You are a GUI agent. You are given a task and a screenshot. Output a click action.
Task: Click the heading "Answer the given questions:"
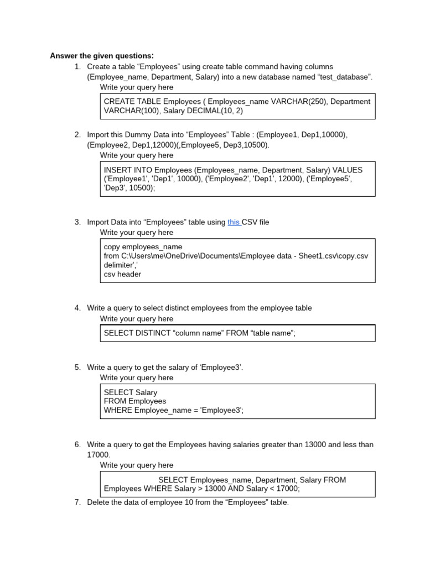[x=102, y=55]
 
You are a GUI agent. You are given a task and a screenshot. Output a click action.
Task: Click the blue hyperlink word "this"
[x=234, y=222]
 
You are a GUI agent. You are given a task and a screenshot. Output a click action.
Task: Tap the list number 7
[x=77, y=502]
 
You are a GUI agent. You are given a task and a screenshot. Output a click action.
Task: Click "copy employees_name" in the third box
[x=143, y=247]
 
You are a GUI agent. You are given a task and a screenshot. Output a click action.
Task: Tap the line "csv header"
[x=122, y=274]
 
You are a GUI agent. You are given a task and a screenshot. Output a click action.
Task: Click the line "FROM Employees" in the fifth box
[x=135, y=401]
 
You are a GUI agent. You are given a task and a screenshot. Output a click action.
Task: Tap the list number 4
[x=77, y=308]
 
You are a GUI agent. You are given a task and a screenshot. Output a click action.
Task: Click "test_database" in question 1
[x=344, y=77]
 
